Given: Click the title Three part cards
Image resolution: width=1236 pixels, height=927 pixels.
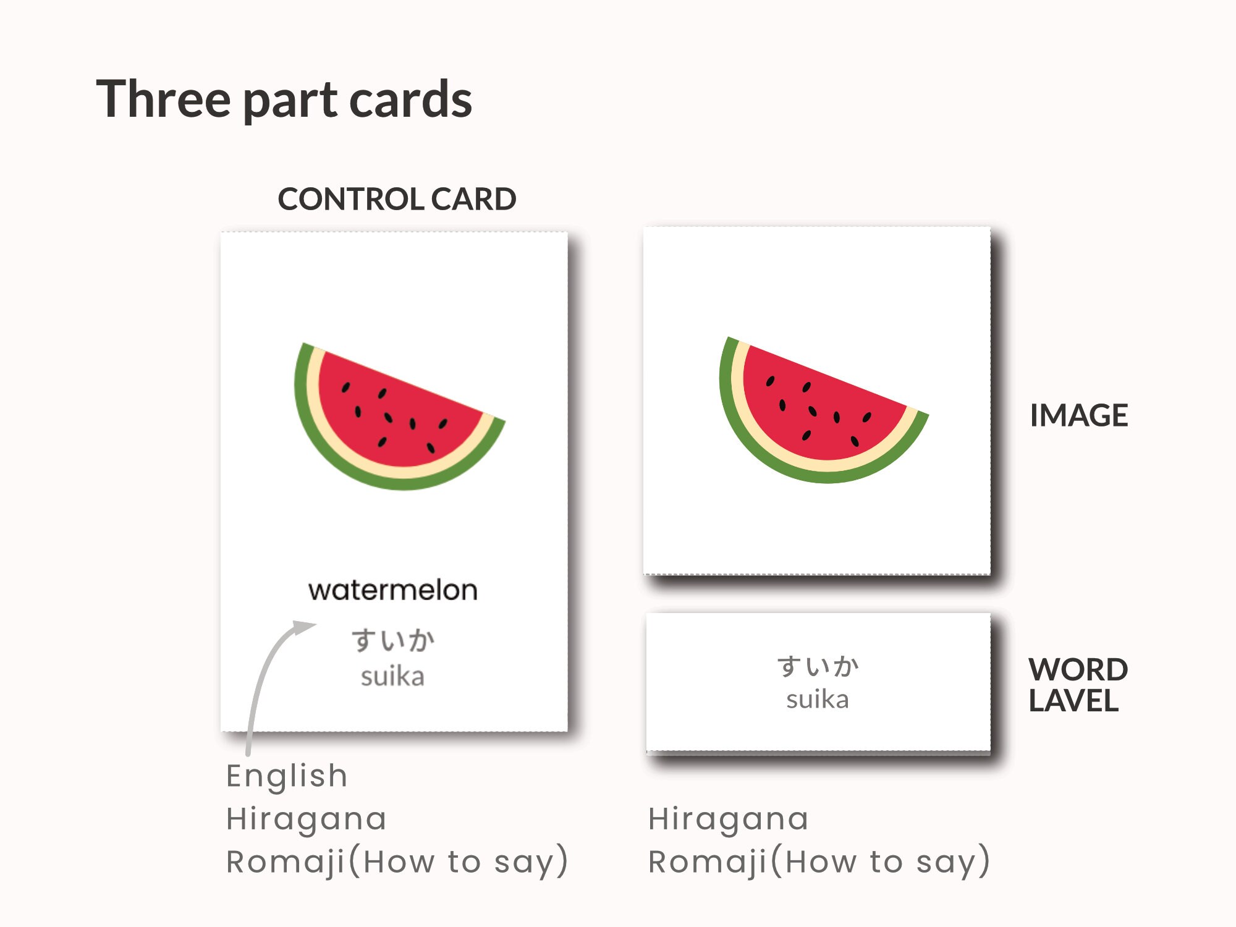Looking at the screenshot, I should [x=284, y=99].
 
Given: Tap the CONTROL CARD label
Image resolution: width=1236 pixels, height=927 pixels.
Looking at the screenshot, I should [x=397, y=199].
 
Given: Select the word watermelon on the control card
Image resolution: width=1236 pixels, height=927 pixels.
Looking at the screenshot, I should [x=393, y=590].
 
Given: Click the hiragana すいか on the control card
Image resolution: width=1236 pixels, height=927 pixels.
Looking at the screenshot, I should [x=393, y=640].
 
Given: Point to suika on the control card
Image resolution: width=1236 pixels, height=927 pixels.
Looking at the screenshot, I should [x=393, y=677].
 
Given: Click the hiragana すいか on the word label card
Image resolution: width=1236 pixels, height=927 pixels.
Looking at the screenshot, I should [x=818, y=666].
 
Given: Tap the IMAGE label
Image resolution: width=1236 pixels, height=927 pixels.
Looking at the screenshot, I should [x=1078, y=415].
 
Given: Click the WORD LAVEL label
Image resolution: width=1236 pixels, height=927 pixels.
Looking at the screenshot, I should [x=1078, y=685].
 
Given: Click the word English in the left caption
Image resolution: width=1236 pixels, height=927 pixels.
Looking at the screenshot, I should [x=287, y=776].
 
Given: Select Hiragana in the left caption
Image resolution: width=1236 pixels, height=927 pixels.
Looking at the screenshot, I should [x=307, y=819].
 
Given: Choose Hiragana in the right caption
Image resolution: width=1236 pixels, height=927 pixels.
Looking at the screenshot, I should [x=728, y=819].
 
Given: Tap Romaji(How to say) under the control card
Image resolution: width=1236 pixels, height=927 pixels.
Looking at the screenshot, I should [x=397, y=861].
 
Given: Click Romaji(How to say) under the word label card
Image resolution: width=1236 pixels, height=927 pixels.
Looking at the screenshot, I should [x=819, y=861].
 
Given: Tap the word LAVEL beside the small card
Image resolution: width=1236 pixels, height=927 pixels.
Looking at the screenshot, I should [x=1073, y=701].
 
